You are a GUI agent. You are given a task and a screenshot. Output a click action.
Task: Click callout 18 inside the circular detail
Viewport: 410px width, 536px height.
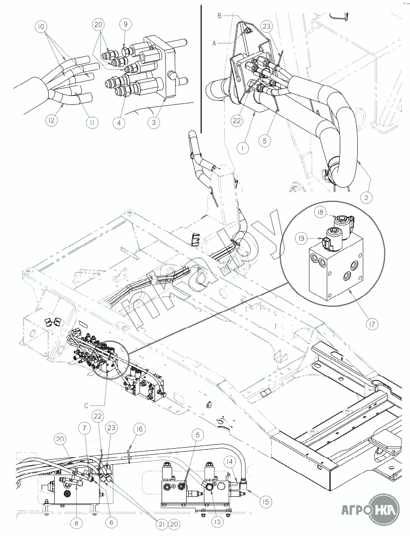pyautogui.click(x=319, y=212)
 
